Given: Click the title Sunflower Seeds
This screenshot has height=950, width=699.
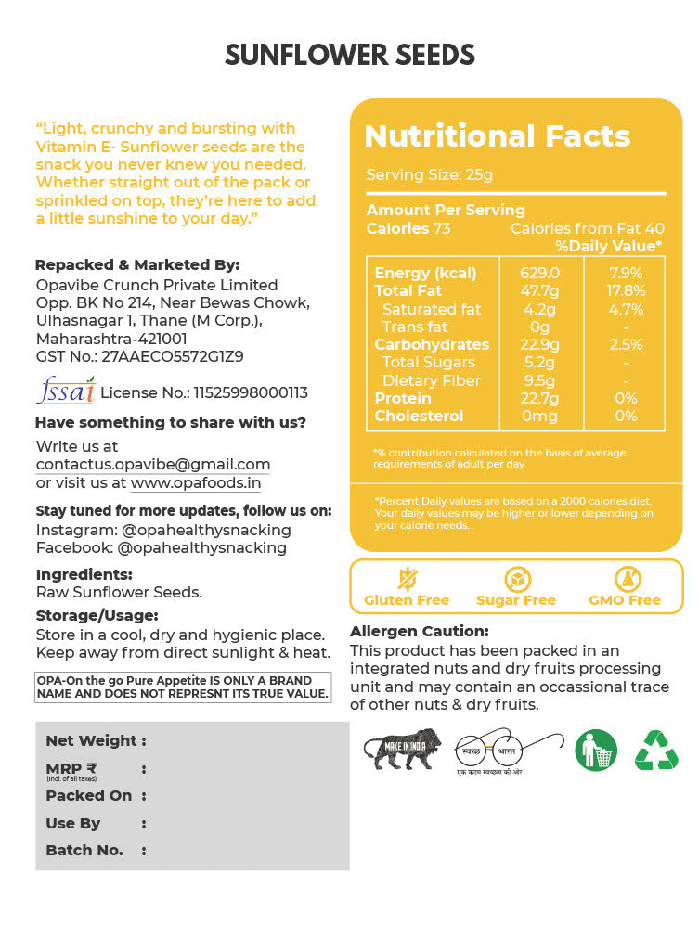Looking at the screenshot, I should (x=350, y=56).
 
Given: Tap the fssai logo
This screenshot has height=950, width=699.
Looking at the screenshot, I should (x=65, y=390).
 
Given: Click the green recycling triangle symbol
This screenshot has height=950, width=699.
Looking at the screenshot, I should (x=656, y=750).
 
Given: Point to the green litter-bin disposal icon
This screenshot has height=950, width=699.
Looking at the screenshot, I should (x=596, y=750).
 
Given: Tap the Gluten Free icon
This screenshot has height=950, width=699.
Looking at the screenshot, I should (x=407, y=580).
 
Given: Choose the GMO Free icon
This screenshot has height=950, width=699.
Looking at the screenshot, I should (x=625, y=580).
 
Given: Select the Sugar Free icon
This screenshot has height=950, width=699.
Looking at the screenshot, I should (x=516, y=580).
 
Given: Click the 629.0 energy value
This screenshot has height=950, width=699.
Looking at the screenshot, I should (x=541, y=273).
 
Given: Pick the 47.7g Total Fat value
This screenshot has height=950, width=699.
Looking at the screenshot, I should (x=541, y=290).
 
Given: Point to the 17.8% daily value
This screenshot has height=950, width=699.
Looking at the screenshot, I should (x=625, y=290).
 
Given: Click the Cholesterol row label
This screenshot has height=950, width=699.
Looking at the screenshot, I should (x=419, y=417).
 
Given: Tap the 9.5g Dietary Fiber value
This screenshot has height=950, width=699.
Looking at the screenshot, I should (x=539, y=380).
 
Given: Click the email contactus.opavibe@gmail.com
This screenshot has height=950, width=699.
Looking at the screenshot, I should (x=153, y=464).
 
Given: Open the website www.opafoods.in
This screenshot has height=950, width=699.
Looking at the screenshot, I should (x=196, y=482).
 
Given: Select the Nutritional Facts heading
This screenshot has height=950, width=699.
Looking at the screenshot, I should (x=498, y=136).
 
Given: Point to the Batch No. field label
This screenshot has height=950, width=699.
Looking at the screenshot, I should (x=84, y=850).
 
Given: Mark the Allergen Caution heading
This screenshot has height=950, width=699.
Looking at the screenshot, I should (x=420, y=632).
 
